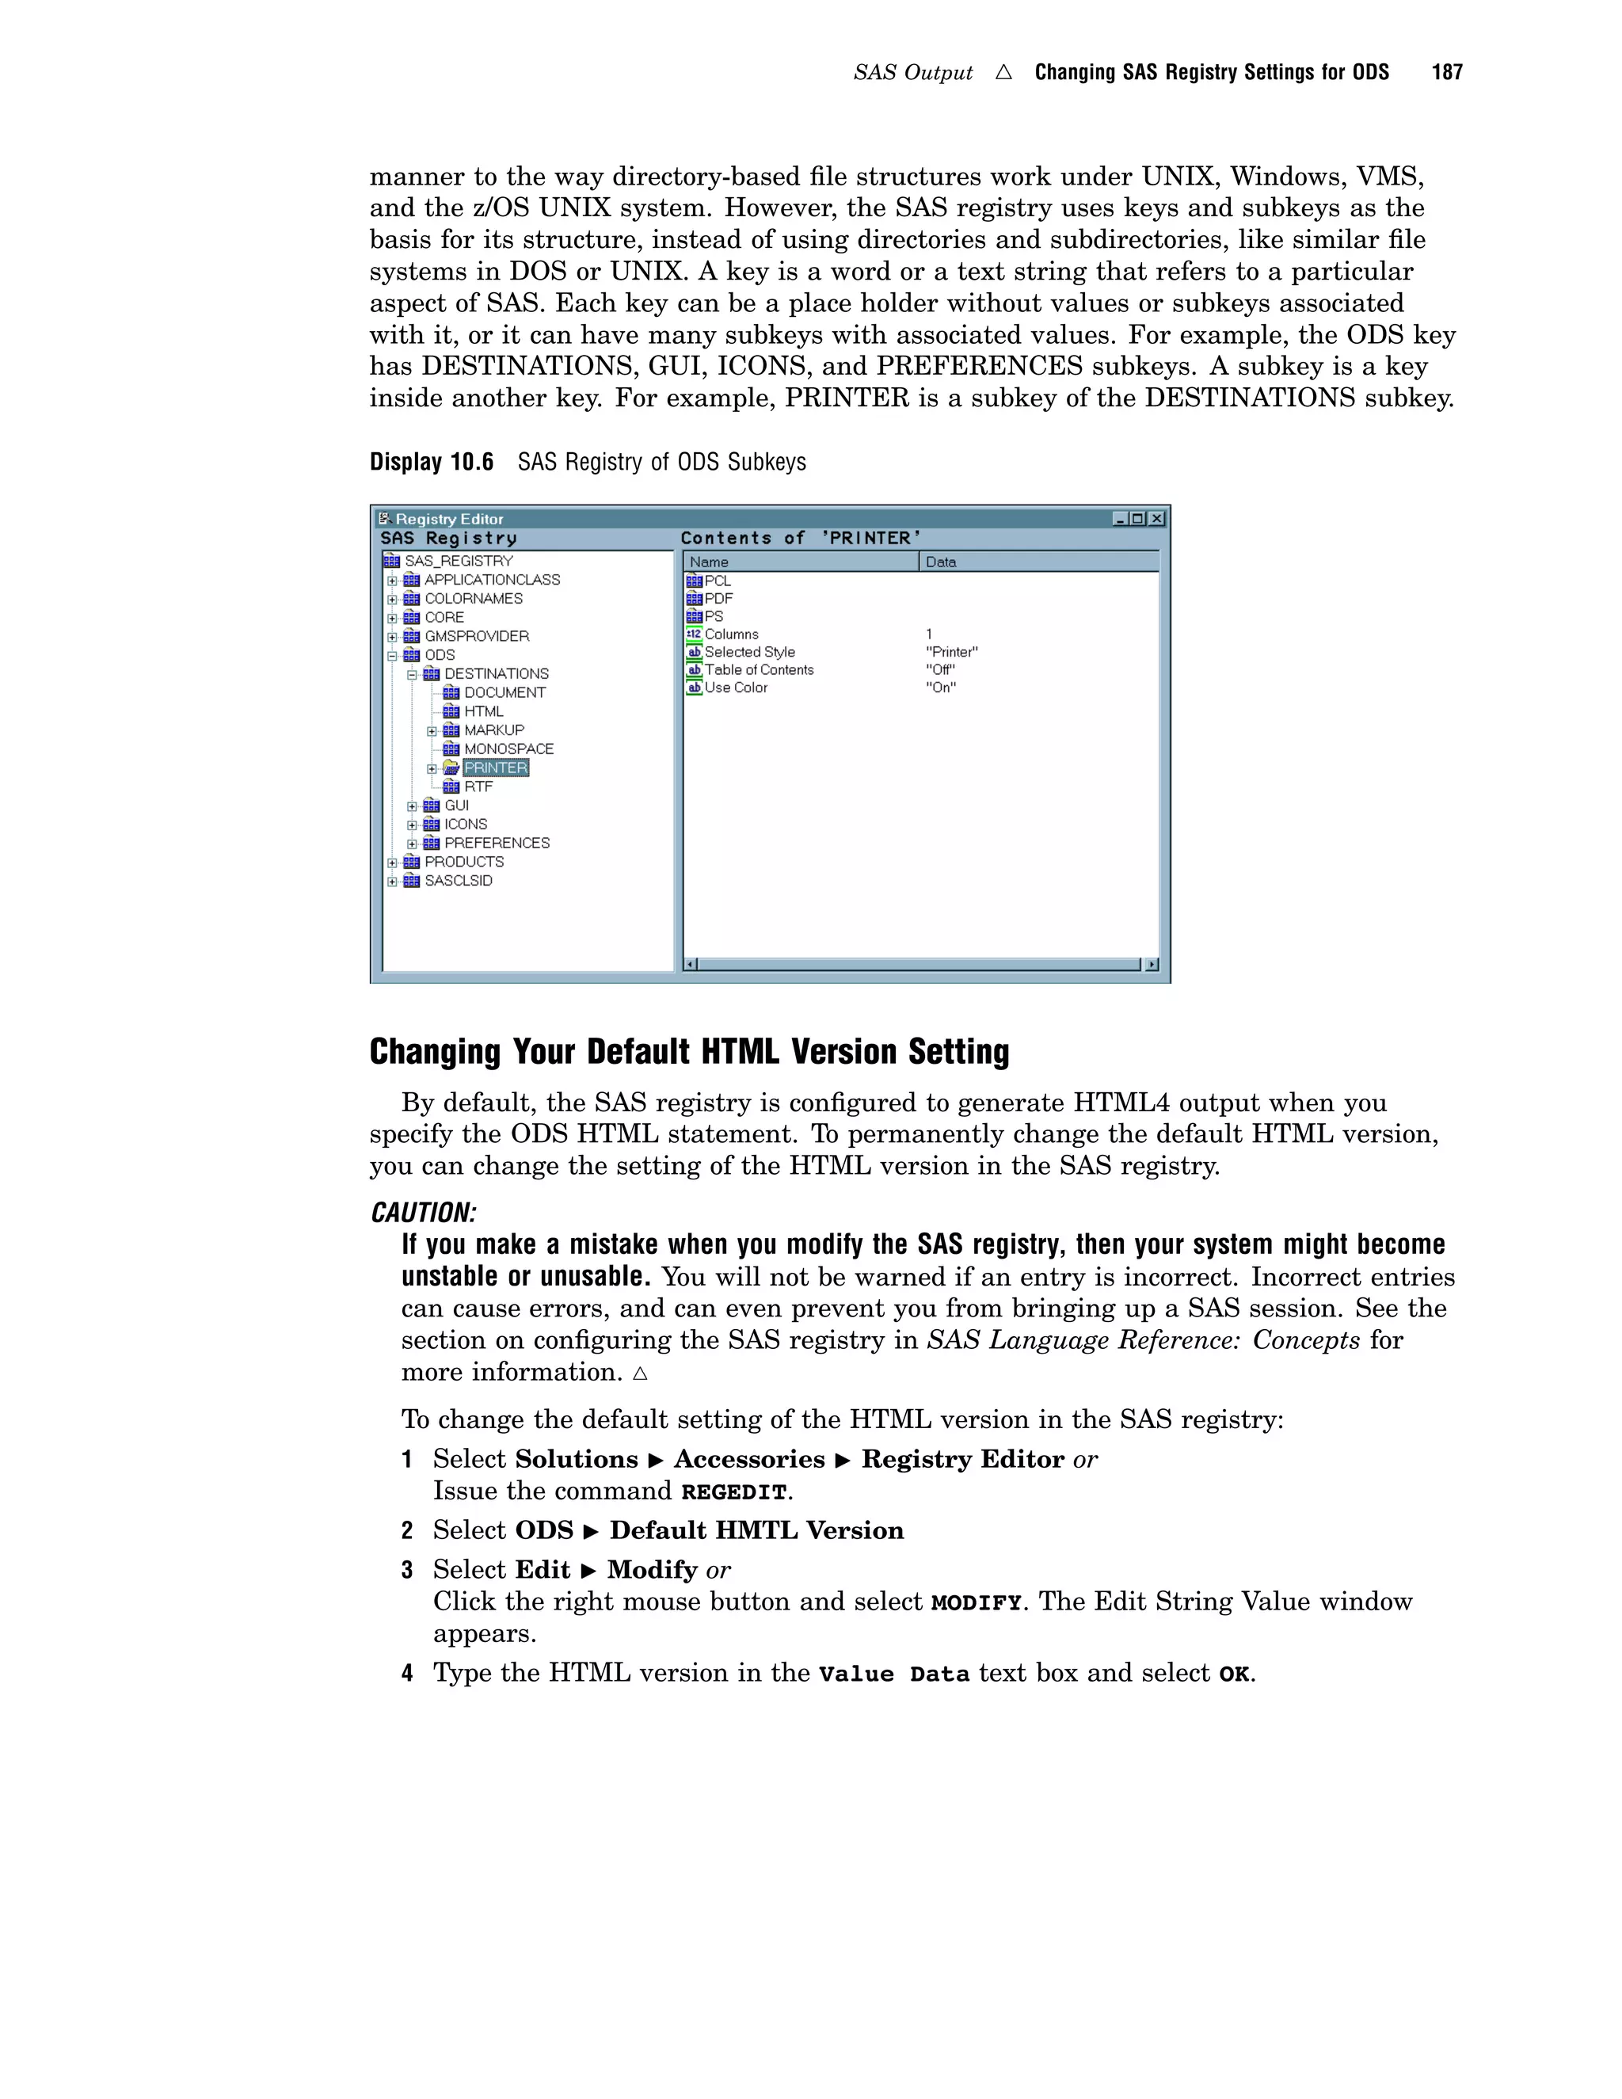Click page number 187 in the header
(1446, 72)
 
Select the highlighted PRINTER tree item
(496, 768)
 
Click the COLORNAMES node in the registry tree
(473, 599)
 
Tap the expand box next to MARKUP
(432, 731)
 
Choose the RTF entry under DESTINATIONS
(478, 787)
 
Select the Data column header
(941, 562)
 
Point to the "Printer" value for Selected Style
(951, 653)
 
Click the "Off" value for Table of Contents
(940, 670)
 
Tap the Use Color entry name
(735, 688)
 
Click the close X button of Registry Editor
(1157, 519)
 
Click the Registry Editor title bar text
(449, 519)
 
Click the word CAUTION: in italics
(424, 1213)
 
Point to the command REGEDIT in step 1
(734, 1492)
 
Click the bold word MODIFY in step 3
(975, 1603)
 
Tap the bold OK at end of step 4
(1234, 1674)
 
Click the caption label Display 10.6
(432, 463)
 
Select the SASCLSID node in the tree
(458, 880)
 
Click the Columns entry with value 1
(730, 634)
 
